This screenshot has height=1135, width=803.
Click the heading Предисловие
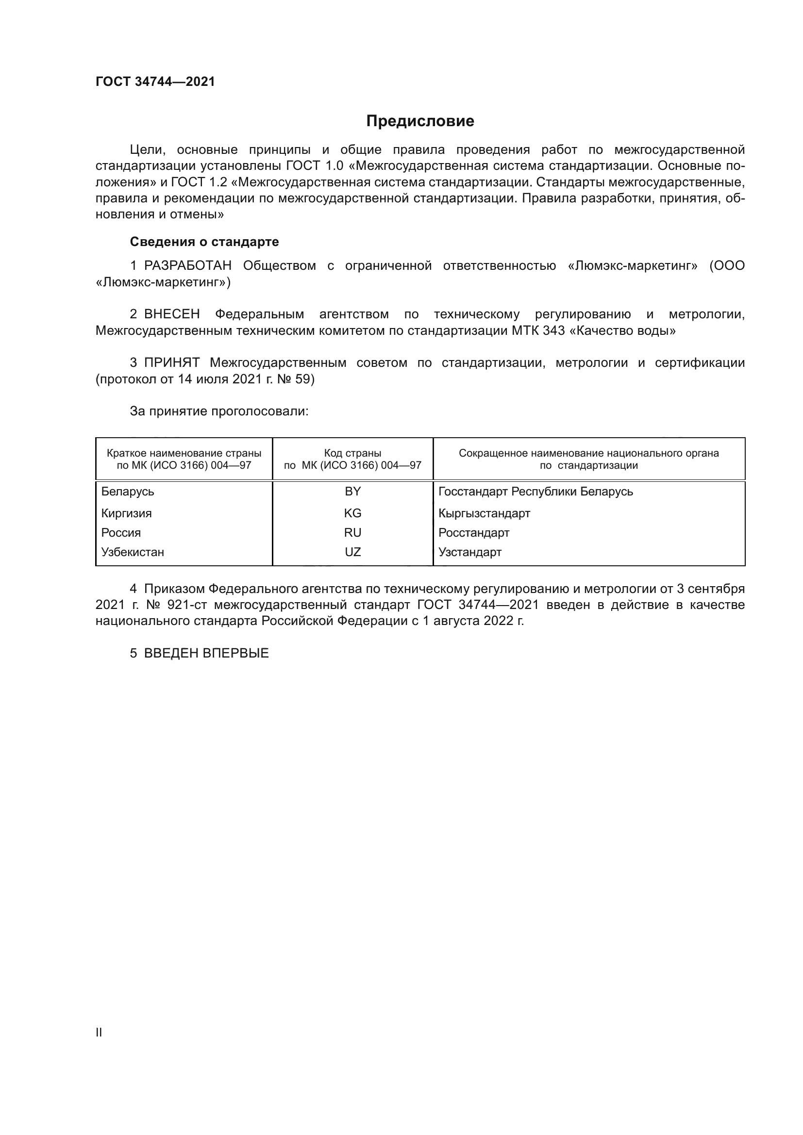coord(420,121)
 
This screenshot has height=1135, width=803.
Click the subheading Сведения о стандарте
coord(204,242)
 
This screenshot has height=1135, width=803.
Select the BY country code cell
coord(352,492)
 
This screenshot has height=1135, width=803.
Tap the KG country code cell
coord(352,513)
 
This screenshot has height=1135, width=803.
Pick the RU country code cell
coord(352,532)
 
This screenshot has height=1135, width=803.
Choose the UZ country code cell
coord(352,552)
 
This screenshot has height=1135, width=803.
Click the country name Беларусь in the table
coord(128,492)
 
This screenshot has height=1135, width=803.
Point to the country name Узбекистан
coord(133,552)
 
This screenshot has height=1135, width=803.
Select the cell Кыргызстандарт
coord(484,513)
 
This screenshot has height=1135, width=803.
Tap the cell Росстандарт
coord(474,532)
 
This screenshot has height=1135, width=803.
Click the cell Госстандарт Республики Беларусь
coord(535,492)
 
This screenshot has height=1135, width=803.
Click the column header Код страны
coord(352,453)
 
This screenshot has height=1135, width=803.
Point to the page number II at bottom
coord(99,1032)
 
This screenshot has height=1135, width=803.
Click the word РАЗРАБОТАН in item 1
coord(188,266)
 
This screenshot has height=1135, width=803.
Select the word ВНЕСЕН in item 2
coord(172,314)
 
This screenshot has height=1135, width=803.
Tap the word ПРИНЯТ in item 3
coord(172,363)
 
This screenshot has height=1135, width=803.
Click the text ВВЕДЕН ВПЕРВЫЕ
coord(206,653)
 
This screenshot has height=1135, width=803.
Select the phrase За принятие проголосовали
coord(219,411)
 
